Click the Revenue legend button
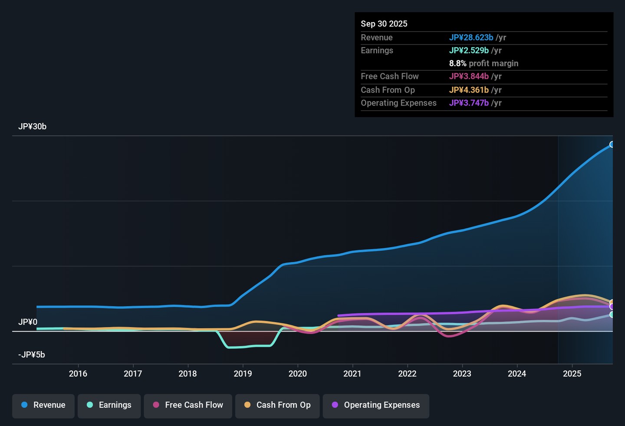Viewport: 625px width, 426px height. click(43, 406)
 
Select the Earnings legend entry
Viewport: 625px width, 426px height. click(109, 406)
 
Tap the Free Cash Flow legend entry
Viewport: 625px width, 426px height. click(188, 406)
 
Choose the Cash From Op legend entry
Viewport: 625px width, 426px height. click(277, 406)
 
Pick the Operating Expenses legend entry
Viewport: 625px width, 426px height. click(376, 406)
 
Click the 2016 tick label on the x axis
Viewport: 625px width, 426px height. click(78, 374)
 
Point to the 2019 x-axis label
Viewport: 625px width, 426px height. click(243, 374)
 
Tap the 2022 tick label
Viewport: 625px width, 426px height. click(408, 374)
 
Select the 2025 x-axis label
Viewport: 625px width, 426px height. click(572, 374)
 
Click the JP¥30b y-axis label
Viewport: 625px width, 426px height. click(33, 127)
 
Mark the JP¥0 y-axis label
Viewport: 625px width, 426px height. click(28, 322)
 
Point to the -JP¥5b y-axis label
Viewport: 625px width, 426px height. click(32, 354)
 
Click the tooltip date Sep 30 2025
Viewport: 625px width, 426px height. click(384, 24)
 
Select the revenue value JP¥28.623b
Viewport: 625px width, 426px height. click(471, 37)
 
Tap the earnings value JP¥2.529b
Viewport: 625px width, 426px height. click(469, 50)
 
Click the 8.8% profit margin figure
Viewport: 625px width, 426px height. click(457, 64)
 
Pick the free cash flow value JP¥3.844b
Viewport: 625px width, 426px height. click(469, 76)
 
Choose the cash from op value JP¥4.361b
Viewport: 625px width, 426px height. click(469, 90)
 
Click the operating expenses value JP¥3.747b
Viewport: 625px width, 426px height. click(469, 103)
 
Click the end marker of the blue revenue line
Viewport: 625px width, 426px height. click(612, 144)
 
